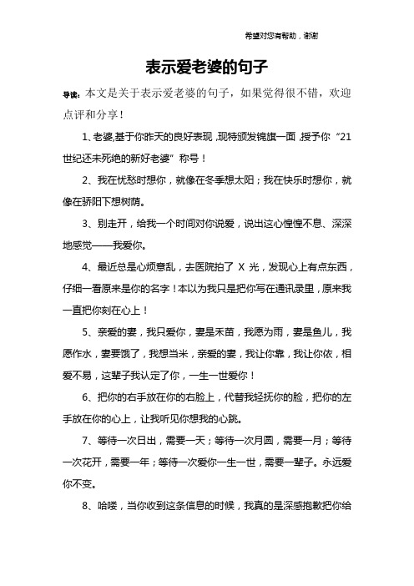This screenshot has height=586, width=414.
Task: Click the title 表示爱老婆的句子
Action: (206, 65)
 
